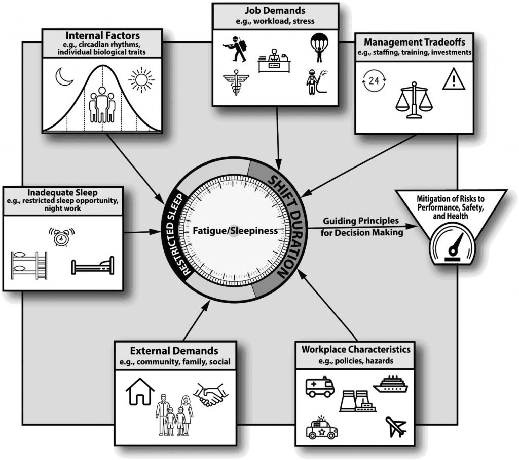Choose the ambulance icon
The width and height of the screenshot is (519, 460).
coord(320,387)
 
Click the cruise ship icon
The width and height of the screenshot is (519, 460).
coord(390,385)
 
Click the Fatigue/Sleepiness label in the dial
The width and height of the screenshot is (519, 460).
coord(235,231)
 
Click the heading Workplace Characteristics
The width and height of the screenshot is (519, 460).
coord(355,349)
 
